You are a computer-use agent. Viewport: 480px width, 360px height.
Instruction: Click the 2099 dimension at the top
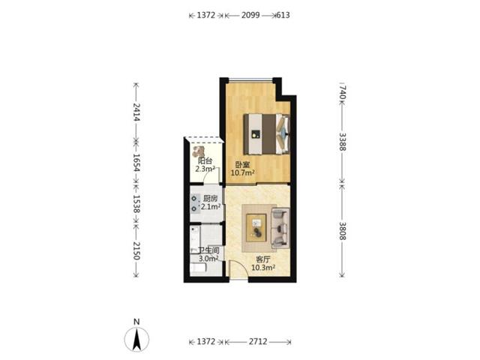pyautogui.click(x=250, y=15)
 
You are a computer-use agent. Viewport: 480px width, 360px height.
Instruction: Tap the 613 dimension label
pyautogui.click(x=283, y=15)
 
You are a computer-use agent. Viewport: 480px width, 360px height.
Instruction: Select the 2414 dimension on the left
pyautogui.click(x=136, y=112)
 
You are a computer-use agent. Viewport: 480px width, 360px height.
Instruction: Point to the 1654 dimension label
pyautogui.click(x=136, y=163)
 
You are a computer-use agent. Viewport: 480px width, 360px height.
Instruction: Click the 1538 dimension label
pyautogui.click(x=136, y=204)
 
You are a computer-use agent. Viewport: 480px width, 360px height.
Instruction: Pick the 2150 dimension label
pyautogui.click(x=136, y=250)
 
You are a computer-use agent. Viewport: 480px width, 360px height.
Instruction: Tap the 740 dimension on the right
pyautogui.click(x=342, y=92)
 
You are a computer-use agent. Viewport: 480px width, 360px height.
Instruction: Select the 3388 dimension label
pyautogui.click(x=342, y=142)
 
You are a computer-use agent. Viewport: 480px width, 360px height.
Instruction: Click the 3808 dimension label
pyautogui.click(x=342, y=231)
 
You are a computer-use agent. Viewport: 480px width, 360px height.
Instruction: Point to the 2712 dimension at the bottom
pyautogui.click(x=258, y=341)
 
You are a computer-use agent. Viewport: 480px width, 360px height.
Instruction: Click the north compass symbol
pyautogui.click(x=136, y=336)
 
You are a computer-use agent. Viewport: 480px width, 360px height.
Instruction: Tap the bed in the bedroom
pyautogui.click(x=267, y=134)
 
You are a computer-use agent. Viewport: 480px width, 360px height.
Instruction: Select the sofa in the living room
pyautogui.click(x=280, y=228)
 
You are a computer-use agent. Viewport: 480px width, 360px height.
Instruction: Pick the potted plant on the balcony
pyautogui.click(x=199, y=151)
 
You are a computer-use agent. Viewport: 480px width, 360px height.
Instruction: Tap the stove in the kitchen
pyautogui.click(x=194, y=204)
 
